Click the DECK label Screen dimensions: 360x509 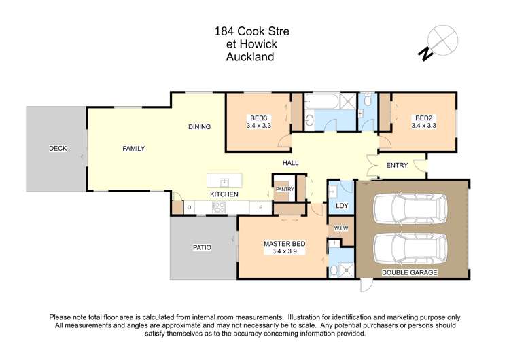(57, 148)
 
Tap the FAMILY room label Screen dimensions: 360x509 (133, 149)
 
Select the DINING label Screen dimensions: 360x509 (199, 126)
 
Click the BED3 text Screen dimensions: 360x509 (258, 117)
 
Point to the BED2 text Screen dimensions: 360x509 (423, 117)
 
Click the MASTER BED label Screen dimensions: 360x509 (284, 244)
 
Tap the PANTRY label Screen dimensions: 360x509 (284, 190)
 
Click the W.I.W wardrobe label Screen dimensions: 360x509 (340, 228)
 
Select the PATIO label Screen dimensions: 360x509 (202, 247)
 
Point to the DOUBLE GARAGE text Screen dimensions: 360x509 (409, 272)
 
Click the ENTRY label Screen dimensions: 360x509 (397, 166)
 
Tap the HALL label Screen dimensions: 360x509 (291, 163)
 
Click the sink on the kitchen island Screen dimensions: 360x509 (224, 181)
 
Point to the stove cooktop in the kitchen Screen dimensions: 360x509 (219, 208)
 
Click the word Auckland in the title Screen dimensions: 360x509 (249, 57)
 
